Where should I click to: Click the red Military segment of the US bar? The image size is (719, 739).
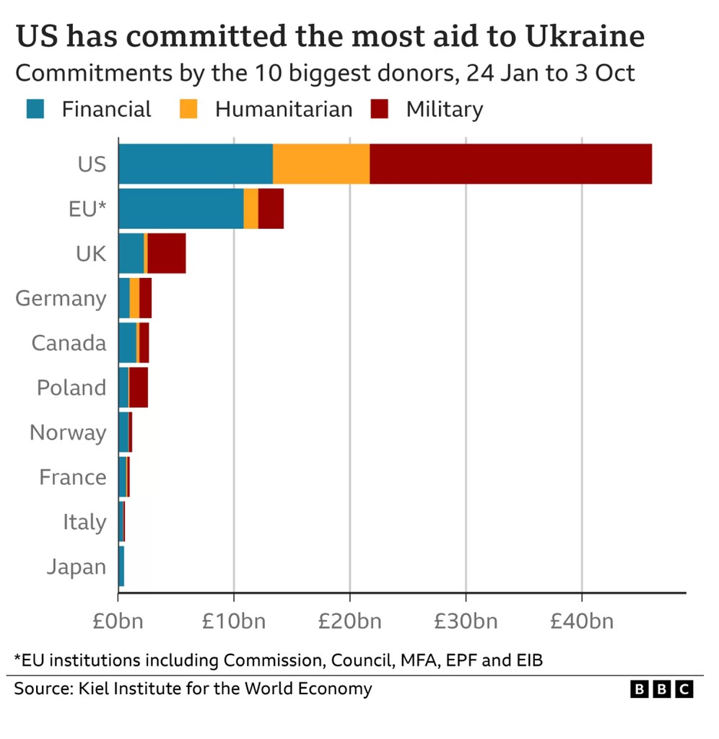click(510, 164)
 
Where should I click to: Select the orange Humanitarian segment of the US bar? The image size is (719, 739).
click(321, 164)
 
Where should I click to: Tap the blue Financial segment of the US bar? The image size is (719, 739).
click(195, 164)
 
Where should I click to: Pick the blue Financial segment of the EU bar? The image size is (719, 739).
click(180, 209)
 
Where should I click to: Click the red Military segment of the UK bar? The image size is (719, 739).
click(167, 253)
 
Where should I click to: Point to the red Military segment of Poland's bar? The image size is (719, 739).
click(139, 388)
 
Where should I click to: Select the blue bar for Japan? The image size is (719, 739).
click(121, 567)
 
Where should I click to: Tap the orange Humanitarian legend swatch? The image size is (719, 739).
click(188, 109)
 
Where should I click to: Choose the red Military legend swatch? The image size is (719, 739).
click(379, 109)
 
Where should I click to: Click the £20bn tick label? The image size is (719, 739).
click(349, 621)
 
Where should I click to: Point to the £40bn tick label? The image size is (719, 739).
click(581, 621)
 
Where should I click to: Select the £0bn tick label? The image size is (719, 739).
click(118, 621)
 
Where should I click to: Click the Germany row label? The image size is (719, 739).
click(61, 299)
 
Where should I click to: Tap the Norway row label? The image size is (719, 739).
click(68, 433)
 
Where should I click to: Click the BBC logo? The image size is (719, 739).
click(661, 689)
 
